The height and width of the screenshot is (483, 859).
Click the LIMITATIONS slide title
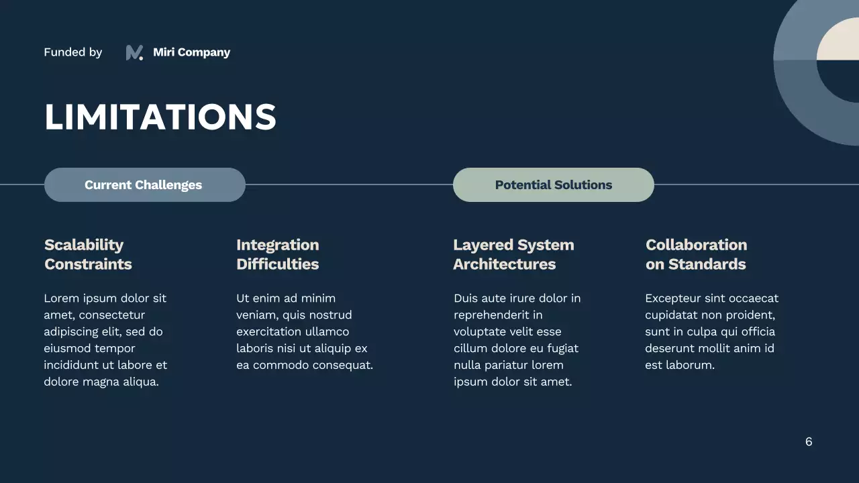(160, 117)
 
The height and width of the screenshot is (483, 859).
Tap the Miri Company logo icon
(134, 52)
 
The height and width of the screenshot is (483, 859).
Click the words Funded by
(72, 52)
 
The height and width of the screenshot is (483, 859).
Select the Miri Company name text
(191, 52)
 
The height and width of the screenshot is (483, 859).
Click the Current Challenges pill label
(143, 185)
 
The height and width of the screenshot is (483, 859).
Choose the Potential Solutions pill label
(553, 185)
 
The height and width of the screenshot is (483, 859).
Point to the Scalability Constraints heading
(88, 254)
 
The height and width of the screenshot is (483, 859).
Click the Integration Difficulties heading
(277, 254)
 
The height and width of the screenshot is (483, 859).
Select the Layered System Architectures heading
(513, 254)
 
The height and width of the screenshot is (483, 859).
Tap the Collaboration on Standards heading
(696, 254)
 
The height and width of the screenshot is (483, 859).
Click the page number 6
(809, 441)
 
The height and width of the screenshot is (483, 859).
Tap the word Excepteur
(672, 298)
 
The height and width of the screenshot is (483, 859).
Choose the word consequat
(339, 365)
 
